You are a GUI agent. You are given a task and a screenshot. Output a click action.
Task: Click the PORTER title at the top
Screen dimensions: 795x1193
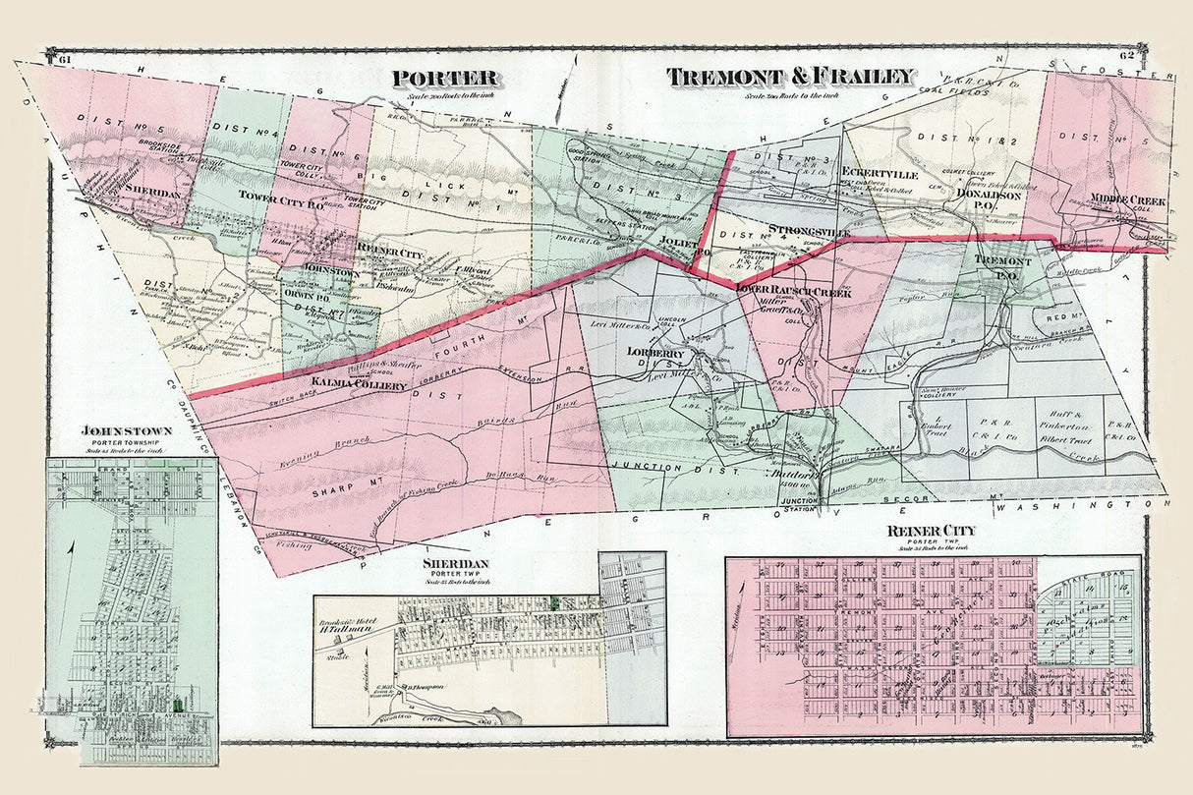pos(445,78)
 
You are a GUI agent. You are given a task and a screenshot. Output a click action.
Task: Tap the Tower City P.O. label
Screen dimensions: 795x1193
pos(275,196)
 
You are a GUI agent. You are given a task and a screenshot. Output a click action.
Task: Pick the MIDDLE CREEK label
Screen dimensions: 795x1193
pos(1127,200)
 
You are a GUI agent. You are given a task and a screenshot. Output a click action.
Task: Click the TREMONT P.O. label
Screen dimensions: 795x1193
pos(1004,268)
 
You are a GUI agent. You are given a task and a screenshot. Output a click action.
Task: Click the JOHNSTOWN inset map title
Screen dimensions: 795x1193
pos(129,430)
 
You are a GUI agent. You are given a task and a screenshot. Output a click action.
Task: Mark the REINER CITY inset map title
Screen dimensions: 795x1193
pos(931,532)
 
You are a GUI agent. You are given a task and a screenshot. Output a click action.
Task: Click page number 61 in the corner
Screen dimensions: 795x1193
pos(67,61)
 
